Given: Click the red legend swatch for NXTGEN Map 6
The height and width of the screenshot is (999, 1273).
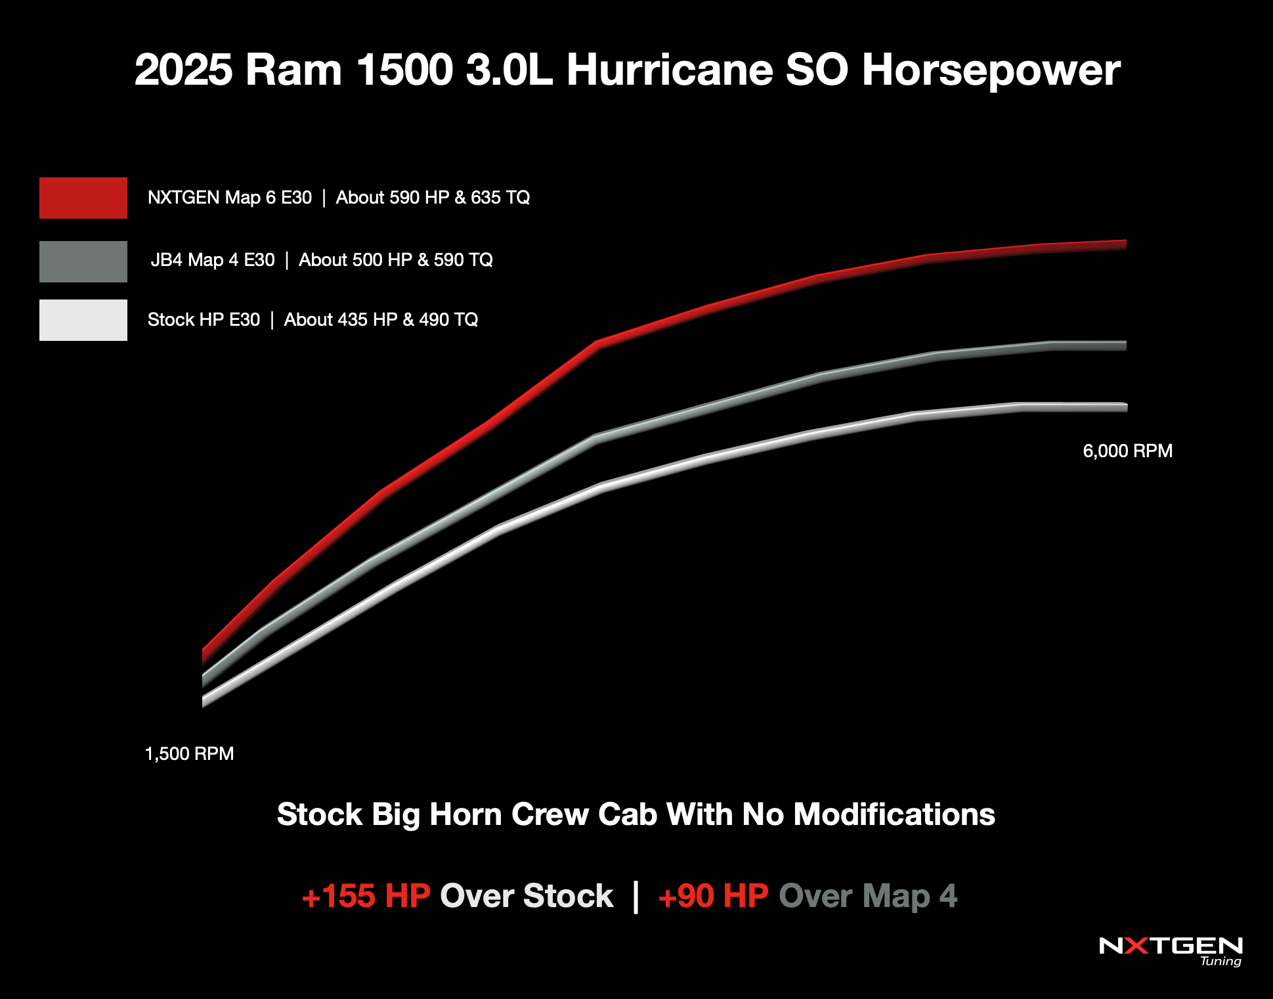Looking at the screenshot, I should tap(83, 198).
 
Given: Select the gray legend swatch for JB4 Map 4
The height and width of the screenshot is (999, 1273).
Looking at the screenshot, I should tap(83, 261).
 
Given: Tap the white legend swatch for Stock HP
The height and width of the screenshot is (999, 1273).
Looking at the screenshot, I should tap(83, 320).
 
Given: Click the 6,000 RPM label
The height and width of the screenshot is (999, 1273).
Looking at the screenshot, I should tap(1127, 451).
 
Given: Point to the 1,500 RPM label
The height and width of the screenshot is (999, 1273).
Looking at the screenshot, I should tap(189, 753).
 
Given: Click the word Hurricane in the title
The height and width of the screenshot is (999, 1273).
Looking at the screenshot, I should tap(670, 70).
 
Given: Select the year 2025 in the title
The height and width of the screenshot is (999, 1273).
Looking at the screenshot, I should tap(183, 70).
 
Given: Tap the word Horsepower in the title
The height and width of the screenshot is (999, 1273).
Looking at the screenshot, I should tap(991, 70).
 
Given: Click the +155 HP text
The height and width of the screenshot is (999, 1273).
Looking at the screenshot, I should tap(366, 896).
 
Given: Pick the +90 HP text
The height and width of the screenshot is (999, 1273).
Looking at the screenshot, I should tap(713, 896).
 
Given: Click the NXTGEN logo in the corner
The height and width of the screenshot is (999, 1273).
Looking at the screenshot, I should tap(1171, 946).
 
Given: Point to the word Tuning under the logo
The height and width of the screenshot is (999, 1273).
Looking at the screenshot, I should tap(1220, 961).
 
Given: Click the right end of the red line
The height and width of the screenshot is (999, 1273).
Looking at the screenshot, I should tap(1124, 244).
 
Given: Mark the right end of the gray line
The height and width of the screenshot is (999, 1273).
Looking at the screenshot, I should tap(1124, 345).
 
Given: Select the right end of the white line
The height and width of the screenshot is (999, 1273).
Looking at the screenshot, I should tap(1125, 407).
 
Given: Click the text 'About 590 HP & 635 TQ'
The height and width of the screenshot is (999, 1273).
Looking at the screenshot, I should tap(433, 198).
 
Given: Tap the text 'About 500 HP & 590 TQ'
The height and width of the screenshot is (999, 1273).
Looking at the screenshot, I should tap(395, 260).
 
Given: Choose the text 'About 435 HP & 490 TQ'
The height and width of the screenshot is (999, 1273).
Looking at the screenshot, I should tap(381, 320).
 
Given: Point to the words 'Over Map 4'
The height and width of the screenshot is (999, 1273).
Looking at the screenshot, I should tap(868, 896).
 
